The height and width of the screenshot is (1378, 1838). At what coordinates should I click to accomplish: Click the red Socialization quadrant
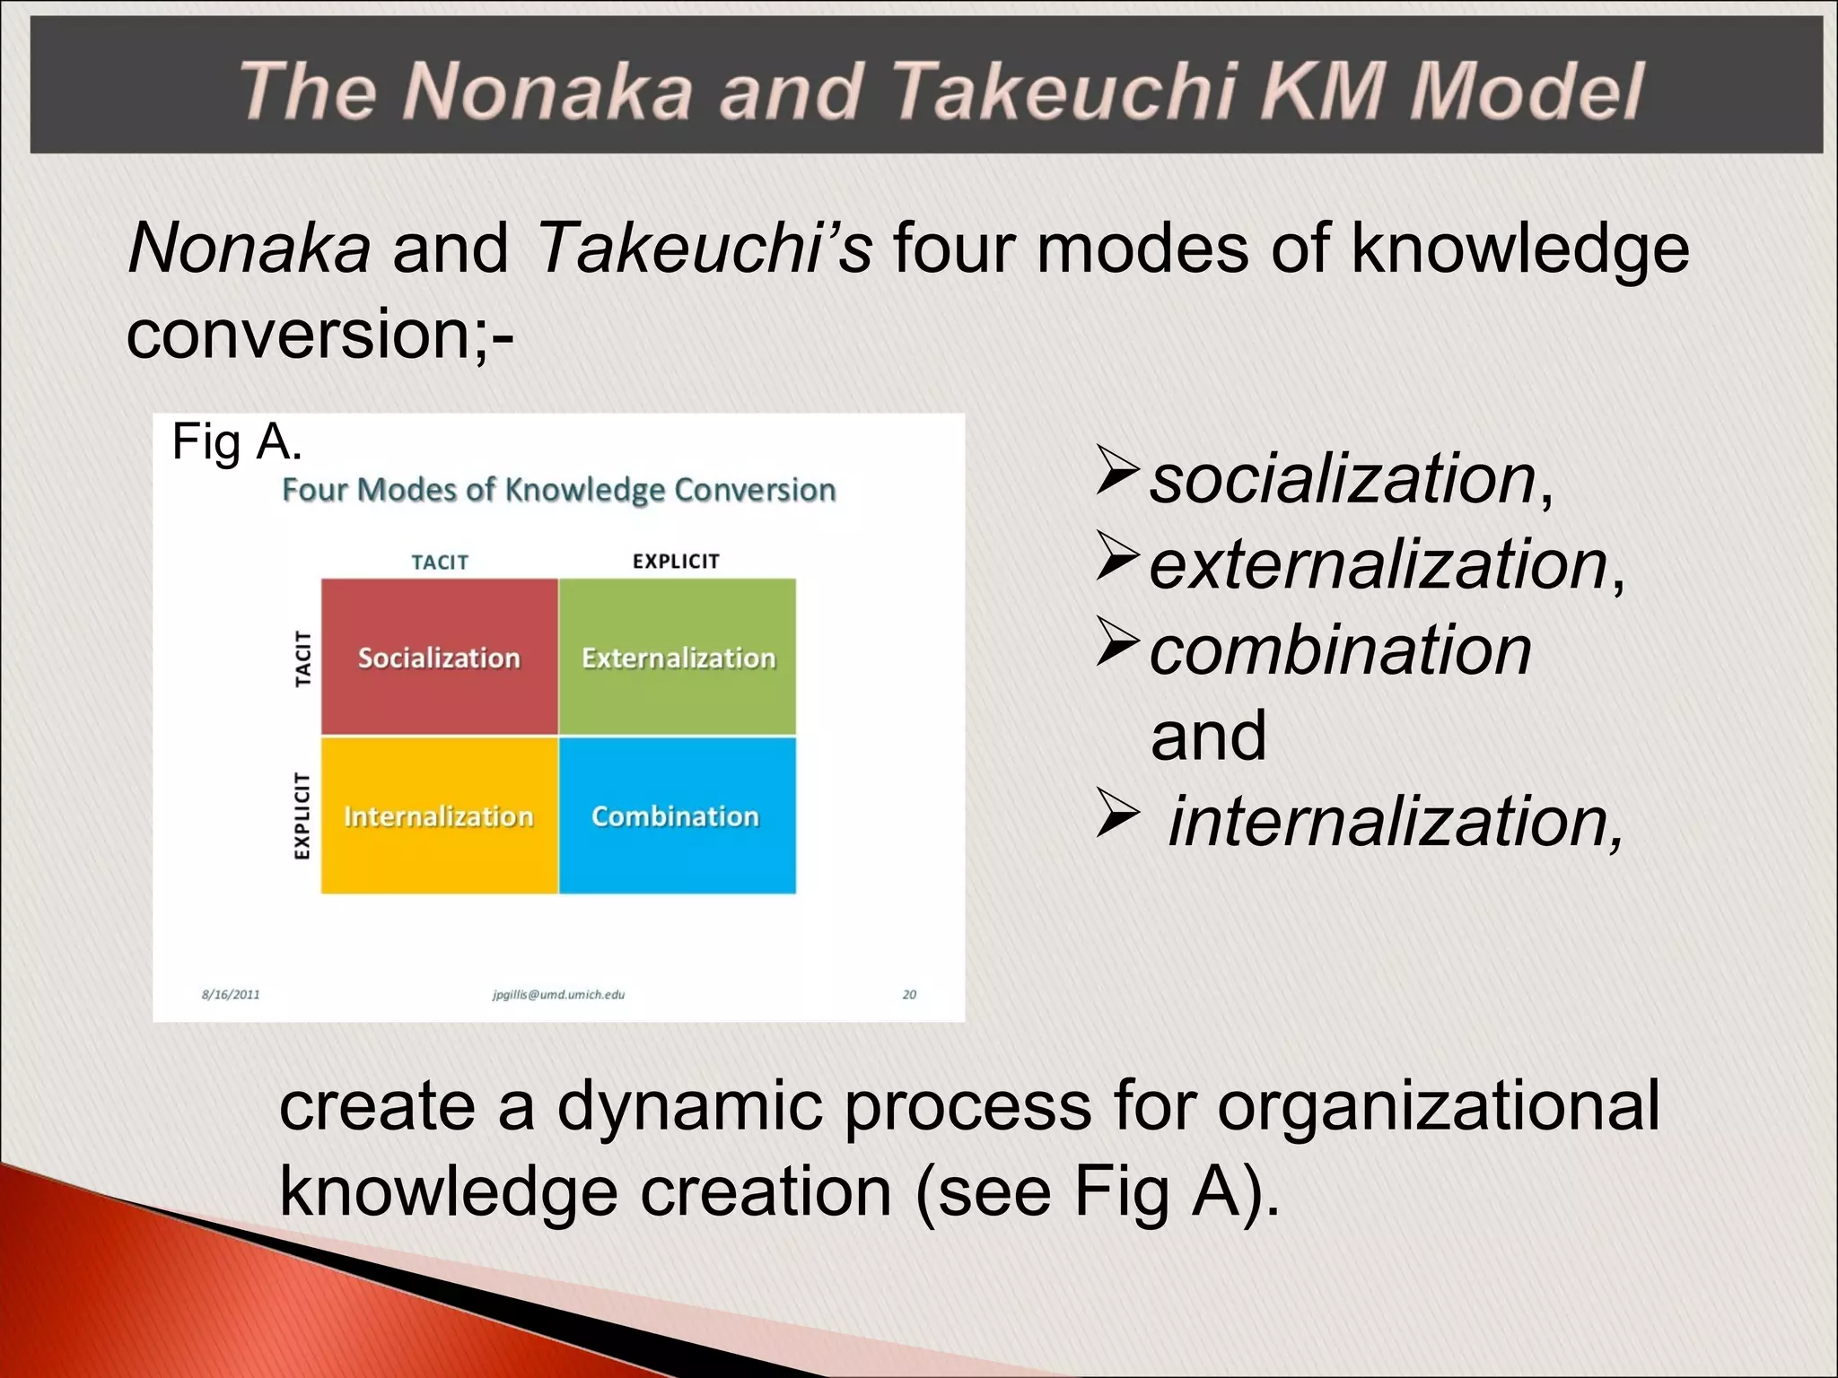click(x=439, y=657)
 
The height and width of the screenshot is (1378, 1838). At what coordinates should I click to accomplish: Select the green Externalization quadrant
click(x=678, y=657)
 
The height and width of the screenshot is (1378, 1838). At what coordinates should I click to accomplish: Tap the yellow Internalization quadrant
click(x=439, y=815)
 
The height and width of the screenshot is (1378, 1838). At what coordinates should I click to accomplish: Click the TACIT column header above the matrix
click(x=440, y=563)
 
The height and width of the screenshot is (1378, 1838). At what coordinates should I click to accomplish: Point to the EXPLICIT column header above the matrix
click(x=676, y=562)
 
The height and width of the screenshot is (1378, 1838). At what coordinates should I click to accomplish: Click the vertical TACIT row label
click(x=303, y=658)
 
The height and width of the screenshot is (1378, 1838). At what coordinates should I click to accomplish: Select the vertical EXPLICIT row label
click(x=302, y=815)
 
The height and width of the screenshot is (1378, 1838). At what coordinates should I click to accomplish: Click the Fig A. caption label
click(x=236, y=442)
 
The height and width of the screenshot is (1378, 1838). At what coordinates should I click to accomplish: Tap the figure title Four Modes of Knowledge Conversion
click(x=558, y=490)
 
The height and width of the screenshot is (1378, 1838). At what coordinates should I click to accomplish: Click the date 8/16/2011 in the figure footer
click(x=231, y=994)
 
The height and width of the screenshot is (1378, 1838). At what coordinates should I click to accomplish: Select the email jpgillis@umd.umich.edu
click(x=558, y=994)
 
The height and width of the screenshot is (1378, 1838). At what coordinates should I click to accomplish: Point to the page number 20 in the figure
click(x=909, y=994)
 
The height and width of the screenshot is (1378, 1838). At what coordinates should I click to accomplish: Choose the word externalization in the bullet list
click(x=1378, y=565)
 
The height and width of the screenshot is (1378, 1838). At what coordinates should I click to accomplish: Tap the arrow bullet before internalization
click(x=1116, y=815)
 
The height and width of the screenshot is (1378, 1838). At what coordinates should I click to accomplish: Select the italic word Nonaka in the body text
click(x=249, y=248)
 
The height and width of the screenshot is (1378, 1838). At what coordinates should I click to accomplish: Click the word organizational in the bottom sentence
click(x=1438, y=1105)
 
